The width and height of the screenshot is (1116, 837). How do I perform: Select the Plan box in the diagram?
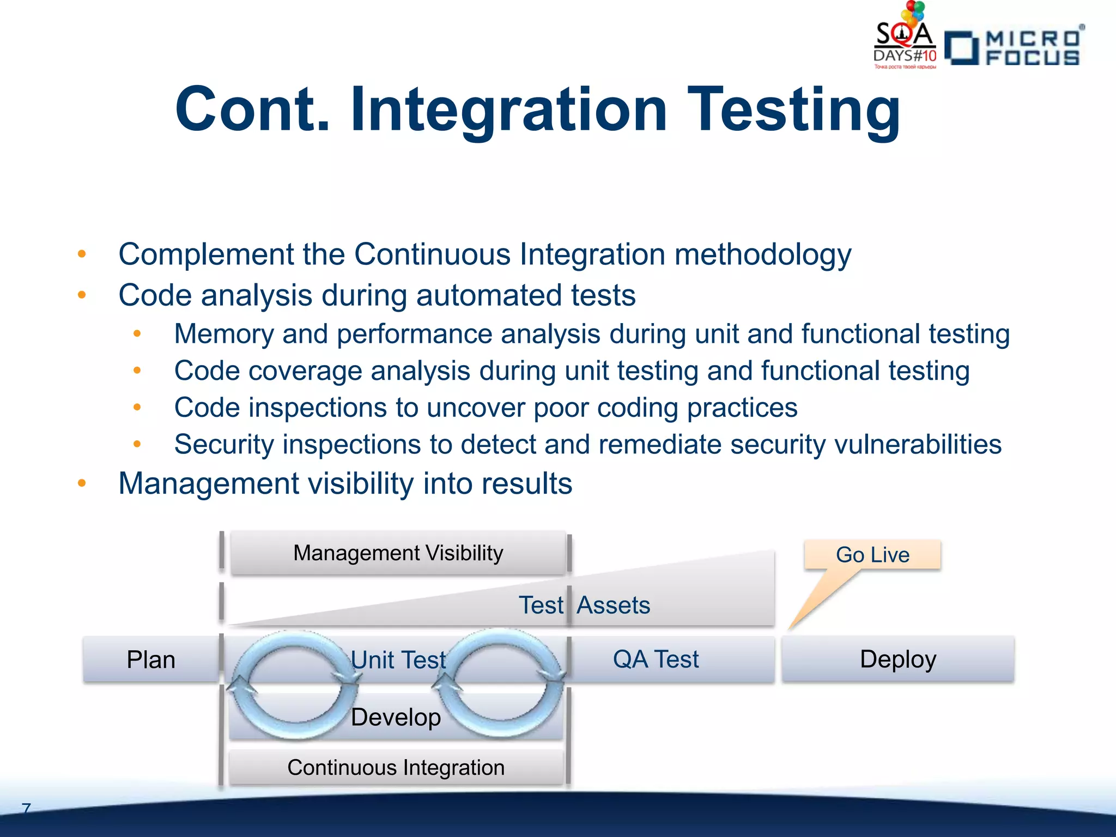151,659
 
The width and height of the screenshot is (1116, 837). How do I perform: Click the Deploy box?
898,659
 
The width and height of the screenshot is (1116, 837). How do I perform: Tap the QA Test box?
656,659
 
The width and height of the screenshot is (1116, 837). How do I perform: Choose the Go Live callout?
872,555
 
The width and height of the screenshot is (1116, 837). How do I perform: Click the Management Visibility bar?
398,553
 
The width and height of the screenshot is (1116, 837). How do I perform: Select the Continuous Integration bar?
396,767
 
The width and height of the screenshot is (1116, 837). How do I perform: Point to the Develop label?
396,717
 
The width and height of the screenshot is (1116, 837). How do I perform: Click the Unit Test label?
398,660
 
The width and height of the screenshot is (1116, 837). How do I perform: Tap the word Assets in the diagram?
614,605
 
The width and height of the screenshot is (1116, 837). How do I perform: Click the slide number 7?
26,808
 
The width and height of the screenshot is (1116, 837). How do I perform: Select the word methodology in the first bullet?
762,255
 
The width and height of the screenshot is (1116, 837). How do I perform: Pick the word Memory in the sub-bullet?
223,334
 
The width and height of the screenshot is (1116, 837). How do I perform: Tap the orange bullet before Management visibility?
82,483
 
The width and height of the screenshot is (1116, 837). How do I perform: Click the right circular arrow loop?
500,683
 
